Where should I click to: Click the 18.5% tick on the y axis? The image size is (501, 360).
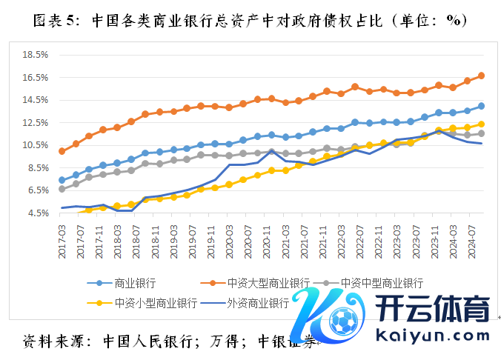tap(36, 55)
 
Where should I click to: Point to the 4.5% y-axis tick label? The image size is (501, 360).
tap(37, 213)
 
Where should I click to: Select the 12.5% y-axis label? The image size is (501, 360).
tap(36, 123)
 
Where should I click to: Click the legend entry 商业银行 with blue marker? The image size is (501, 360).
tap(133, 283)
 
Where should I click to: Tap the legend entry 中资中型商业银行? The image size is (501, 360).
tap(382, 283)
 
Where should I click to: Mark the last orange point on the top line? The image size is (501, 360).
tap(481, 76)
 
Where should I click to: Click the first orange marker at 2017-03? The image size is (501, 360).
tap(62, 151)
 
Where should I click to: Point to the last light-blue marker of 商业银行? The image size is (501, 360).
tap(481, 106)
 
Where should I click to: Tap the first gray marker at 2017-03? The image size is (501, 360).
tap(62, 189)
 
